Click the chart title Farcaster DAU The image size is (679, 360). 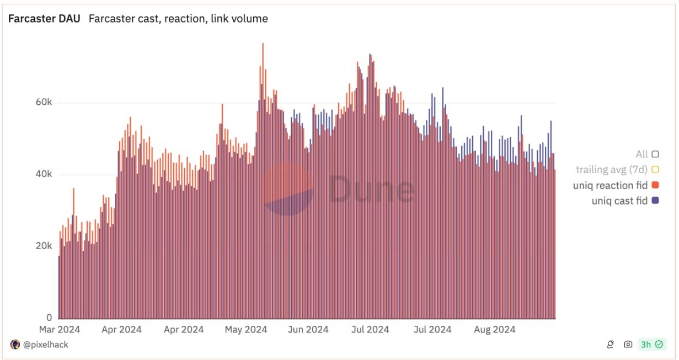[44, 19]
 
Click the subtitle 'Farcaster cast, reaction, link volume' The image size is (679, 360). [178, 19]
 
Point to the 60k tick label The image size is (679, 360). [41, 103]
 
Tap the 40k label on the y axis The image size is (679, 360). [41, 175]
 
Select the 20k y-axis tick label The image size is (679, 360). [41, 246]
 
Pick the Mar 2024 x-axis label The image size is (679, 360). [60, 330]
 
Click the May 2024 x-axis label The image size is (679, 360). [246, 330]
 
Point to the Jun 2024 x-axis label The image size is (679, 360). [308, 330]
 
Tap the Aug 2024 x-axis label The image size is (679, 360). [495, 330]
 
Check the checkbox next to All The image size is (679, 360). [655, 154]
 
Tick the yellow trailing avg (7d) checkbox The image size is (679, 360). [655, 169]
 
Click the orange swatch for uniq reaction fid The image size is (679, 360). [655, 185]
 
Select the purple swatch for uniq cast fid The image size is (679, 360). [655, 201]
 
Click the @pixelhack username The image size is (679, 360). [45, 345]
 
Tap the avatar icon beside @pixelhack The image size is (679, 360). [15, 345]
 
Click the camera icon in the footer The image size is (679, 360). [628, 345]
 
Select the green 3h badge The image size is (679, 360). [651, 345]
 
